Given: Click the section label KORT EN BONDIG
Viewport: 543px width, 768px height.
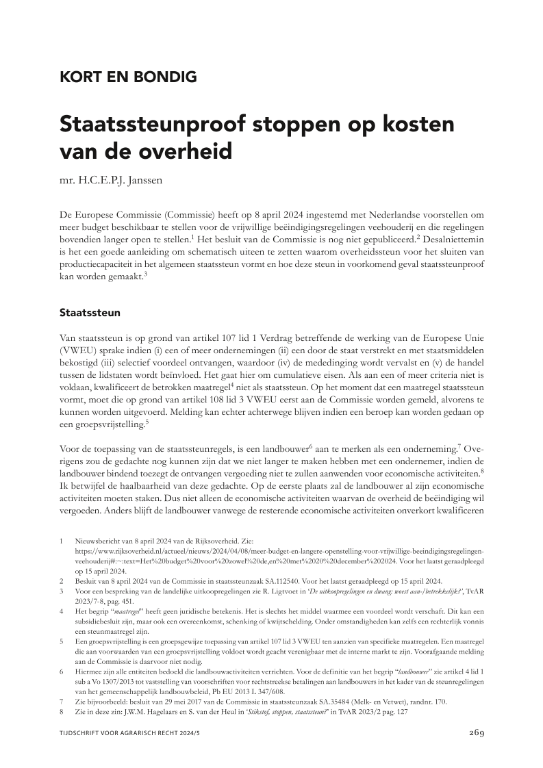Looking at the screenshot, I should pos(127,77).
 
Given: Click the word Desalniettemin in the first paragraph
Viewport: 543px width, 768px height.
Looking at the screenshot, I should pos(451,240).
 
